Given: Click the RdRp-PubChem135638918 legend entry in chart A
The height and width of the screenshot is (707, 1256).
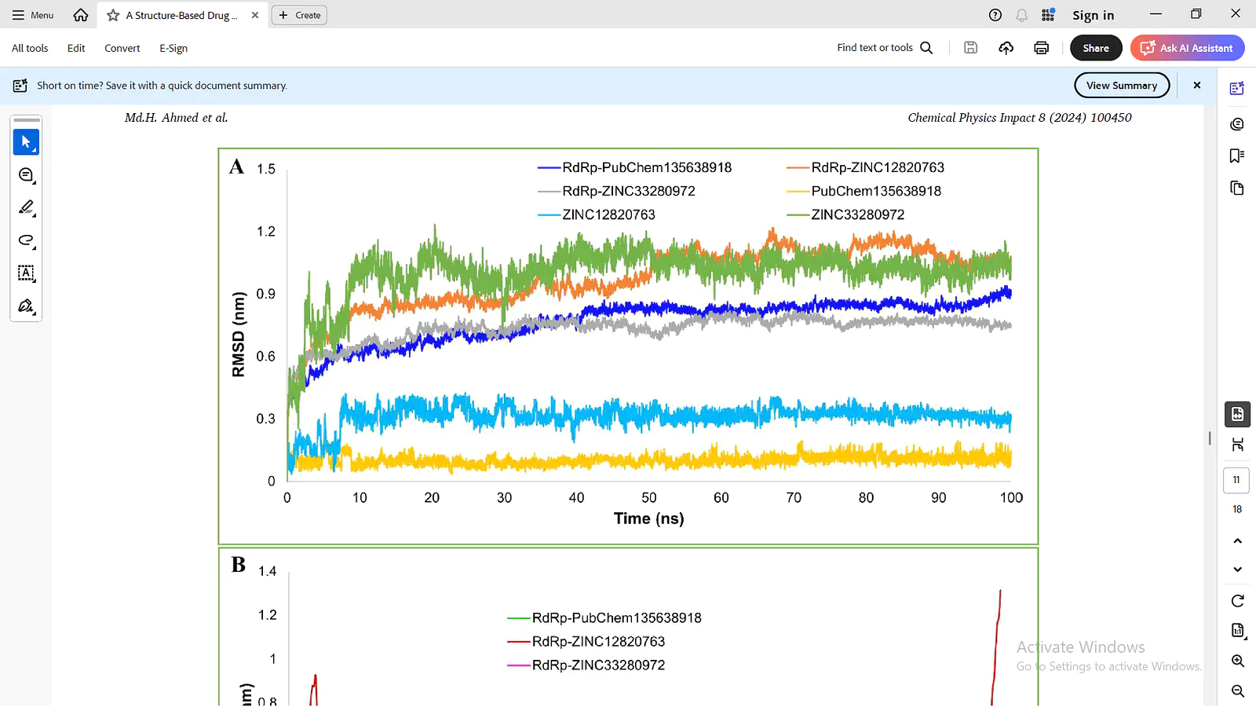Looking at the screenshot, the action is [634, 168].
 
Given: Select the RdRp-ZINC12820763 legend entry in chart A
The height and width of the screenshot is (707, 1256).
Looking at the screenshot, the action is [865, 168].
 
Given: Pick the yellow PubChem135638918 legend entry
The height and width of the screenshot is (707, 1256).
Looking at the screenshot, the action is [863, 192].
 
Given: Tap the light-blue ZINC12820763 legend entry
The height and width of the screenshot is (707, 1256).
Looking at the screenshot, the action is [596, 215].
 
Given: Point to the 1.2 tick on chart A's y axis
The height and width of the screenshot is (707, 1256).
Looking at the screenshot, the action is [266, 232].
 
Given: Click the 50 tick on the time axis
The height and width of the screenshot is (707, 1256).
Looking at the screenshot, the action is [648, 498].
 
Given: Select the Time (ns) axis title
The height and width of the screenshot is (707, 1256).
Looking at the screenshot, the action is [648, 518].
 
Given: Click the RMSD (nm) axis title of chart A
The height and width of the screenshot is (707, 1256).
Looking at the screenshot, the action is [239, 335].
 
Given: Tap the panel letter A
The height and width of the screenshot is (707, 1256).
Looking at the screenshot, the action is [236, 167].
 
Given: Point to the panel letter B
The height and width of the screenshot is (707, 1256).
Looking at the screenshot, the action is [239, 565].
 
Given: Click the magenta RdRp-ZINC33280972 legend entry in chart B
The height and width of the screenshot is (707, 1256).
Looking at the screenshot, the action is [586, 665].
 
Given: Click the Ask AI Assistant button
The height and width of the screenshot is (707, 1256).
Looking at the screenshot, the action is [1187, 48].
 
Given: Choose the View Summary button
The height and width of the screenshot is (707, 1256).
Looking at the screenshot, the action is [1122, 86].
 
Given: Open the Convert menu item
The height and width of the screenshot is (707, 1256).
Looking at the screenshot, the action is [122, 48].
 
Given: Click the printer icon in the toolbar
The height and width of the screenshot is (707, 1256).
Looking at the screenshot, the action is [1041, 48].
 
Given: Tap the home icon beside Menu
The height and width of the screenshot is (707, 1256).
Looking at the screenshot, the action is [81, 15].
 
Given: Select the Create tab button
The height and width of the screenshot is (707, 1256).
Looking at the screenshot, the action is [299, 15].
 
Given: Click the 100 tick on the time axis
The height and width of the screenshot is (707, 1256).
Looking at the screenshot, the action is [1011, 498].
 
